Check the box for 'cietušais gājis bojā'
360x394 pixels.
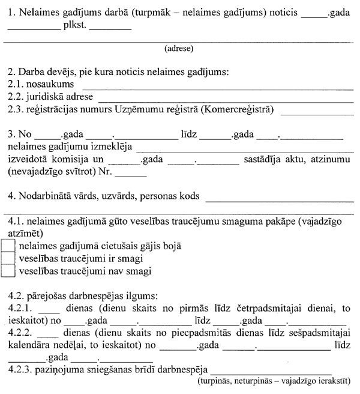click(x=8, y=246)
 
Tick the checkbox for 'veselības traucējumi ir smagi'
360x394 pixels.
click(x=8, y=259)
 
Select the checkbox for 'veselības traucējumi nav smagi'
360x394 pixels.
click(x=8, y=271)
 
